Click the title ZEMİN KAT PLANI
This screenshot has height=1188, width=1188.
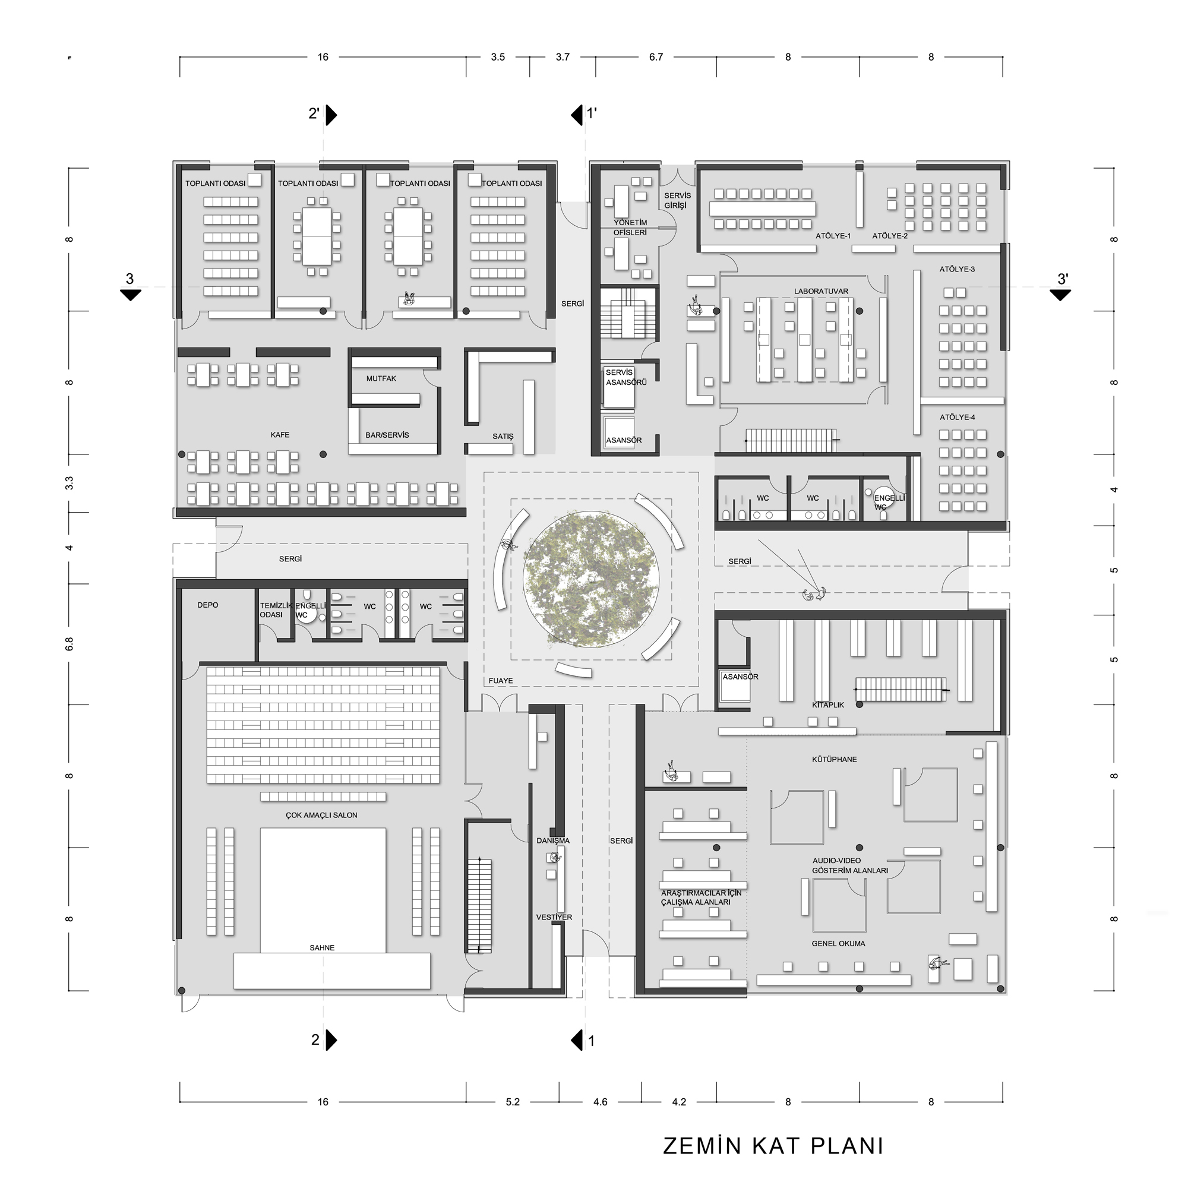pos(773,1146)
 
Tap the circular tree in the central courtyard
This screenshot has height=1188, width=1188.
pos(590,579)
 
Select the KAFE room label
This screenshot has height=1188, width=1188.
pos(280,435)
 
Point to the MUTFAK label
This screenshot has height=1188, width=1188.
pos(381,379)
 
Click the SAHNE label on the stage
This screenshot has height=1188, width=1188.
pos(322,947)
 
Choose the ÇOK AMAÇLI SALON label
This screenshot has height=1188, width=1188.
pos(321,816)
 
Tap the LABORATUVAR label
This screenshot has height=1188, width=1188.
pos(821,292)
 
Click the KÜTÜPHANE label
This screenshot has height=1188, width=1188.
pos(835,759)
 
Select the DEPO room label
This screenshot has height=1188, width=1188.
pos(208,605)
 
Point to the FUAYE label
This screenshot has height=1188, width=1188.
pos(501,681)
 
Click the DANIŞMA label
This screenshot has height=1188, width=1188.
pos(553,841)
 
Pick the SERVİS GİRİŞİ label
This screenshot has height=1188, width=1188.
pos(677,200)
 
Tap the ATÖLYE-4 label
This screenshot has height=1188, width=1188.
pos(958,418)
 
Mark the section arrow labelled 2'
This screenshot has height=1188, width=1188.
pos(331,115)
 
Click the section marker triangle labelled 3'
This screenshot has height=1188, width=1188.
pos(1060,295)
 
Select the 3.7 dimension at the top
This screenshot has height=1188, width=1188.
pos(563,57)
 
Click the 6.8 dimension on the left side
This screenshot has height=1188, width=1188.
pos(69,644)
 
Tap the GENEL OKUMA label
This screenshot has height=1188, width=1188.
pos(838,943)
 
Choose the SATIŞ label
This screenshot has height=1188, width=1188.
pos(503,436)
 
